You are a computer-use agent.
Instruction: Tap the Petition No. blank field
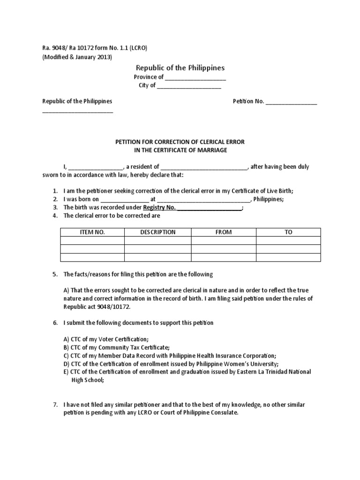click(x=292, y=102)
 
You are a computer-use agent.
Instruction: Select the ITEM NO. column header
click(x=92, y=232)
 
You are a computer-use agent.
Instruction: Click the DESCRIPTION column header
click(x=157, y=232)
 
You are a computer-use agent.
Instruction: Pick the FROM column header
click(x=224, y=232)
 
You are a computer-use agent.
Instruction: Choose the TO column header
click(x=288, y=232)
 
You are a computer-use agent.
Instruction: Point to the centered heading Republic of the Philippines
click(x=180, y=68)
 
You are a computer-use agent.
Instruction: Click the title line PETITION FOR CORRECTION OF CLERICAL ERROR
click(x=180, y=142)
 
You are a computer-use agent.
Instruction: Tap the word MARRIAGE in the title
click(x=214, y=150)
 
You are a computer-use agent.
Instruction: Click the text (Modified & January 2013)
click(x=77, y=57)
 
